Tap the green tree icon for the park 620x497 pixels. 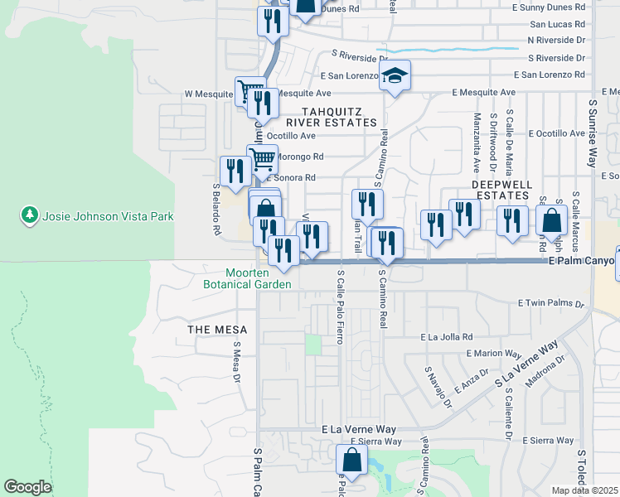click(31, 215)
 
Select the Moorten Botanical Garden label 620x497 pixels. click(248, 278)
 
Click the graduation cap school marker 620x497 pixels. click(395, 77)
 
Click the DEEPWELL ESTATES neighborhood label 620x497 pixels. click(500, 189)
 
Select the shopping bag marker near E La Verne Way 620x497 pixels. click(351, 461)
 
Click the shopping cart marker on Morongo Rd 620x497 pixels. click(263, 158)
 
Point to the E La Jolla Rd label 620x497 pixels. click(446, 337)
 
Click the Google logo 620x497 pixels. click(27, 487)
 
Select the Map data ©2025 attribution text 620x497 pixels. click(585, 490)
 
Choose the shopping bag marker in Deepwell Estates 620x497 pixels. click(551, 221)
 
